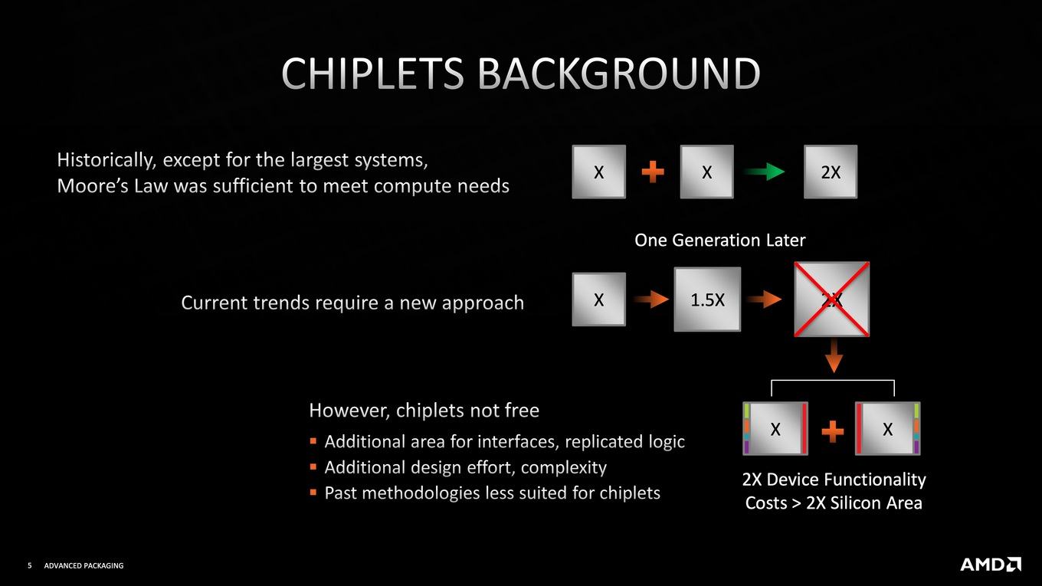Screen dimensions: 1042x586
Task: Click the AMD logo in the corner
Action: point(991,564)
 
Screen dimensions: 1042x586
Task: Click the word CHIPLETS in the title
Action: point(372,73)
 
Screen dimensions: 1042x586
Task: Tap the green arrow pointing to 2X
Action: point(765,172)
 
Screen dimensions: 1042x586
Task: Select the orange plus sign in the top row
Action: point(653,172)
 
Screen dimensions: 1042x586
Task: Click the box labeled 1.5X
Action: point(707,299)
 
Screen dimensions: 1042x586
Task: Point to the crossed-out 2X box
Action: point(831,299)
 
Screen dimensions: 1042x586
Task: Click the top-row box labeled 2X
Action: point(831,172)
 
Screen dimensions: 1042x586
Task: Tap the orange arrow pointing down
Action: point(834,355)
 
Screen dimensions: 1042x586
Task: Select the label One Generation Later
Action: point(719,241)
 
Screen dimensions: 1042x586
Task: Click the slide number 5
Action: point(30,565)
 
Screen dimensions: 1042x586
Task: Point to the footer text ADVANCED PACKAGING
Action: point(84,565)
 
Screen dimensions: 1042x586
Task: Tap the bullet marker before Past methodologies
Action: point(313,492)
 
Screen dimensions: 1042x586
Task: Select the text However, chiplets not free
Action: point(424,411)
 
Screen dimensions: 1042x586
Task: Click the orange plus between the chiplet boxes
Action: point(833,431)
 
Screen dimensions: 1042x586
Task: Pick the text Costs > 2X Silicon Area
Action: point(834,503)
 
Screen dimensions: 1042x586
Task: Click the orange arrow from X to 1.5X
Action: point(651,299)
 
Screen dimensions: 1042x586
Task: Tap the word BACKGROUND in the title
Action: point(619,73)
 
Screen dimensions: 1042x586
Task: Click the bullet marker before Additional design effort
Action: point(313,466)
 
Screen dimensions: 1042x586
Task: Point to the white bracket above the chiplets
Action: point(833,381)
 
